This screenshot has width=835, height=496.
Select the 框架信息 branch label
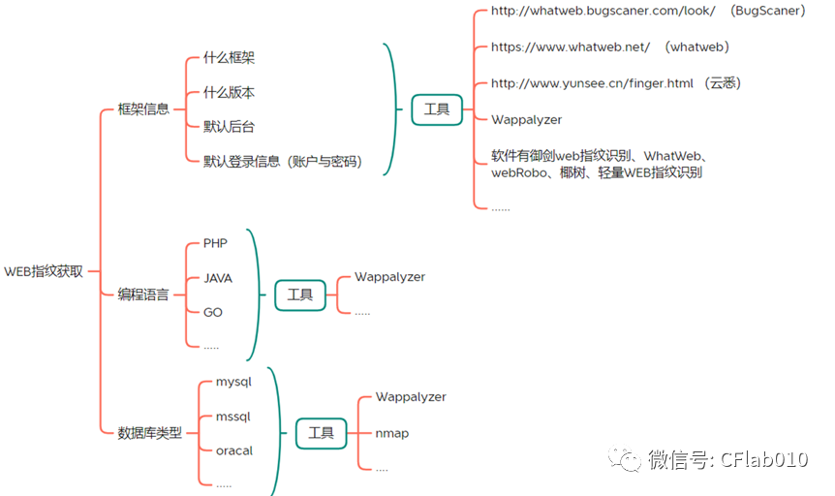(x=143, y=108)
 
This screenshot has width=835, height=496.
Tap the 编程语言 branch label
(x=143, y=294)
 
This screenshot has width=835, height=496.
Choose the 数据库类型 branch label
(x=149, y=433)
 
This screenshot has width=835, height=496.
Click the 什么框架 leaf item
(x=229, y=58)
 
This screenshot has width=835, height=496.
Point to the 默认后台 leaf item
(x=229, y=127)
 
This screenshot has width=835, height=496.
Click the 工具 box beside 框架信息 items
(x=437, y=109)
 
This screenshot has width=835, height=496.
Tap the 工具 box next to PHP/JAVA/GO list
(x=300, y=294)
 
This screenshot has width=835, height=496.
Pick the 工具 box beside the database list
(x=321, y=433)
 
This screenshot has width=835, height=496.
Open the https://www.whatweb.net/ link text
(x=571, y=46)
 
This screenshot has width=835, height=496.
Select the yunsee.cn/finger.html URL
(x=592, y=83)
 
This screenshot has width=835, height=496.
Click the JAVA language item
(x=218, y=278)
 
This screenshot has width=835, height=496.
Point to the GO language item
(x=213, y=312)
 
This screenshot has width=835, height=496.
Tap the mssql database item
(x=232, y=417)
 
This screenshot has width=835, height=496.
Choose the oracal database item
(x=234, y=450)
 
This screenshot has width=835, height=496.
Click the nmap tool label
(x=392, y=433)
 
